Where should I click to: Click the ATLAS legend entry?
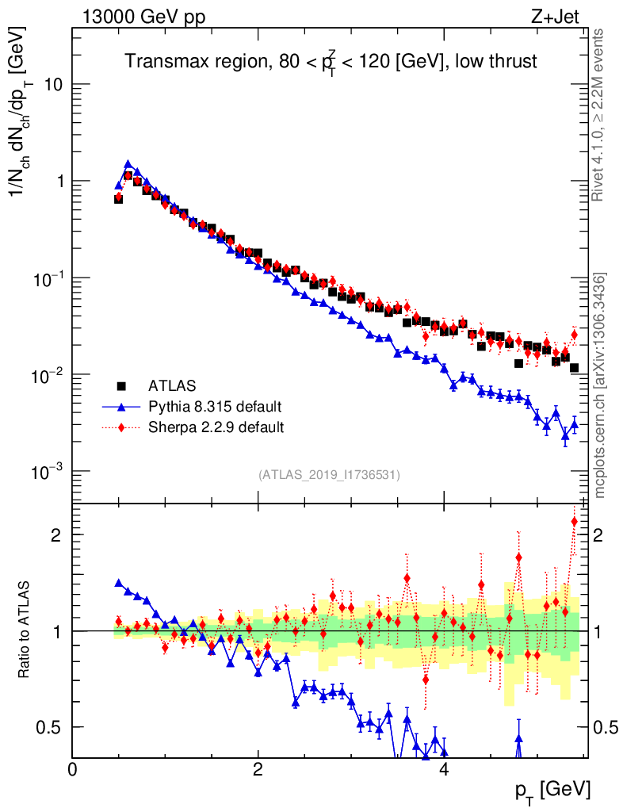pos(170,386)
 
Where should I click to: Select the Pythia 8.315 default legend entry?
pos(215,407)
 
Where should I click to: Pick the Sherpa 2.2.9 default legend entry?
pos(216,427)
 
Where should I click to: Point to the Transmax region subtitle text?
pos(331,62)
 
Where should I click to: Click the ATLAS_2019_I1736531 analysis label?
pos(329,475)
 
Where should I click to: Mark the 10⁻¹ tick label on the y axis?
pos(48,278)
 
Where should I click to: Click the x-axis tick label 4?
pos(444,768)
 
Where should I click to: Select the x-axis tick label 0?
pos(72,768)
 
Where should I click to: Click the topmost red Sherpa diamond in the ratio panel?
pos(575,521)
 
